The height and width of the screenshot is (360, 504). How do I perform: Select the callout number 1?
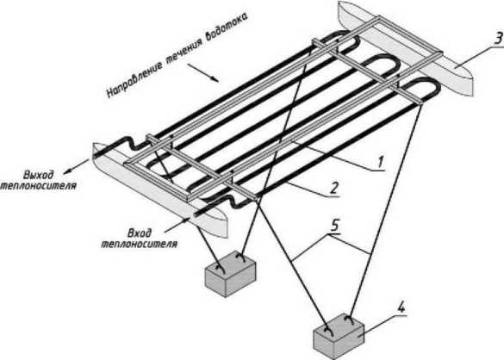[x=381, y=162]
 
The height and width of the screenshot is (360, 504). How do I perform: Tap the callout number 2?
[x=334, y=187]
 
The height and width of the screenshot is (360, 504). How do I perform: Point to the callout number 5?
[x=334, y=225]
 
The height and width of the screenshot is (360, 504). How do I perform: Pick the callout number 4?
[x=401, y=307]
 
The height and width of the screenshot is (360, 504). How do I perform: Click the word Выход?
[x=38, y=175]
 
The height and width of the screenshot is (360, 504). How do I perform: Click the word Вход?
[x=140, y=233]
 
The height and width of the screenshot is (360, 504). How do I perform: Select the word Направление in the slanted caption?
[x=134, y=78]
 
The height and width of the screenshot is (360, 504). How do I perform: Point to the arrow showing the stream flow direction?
[x=203, y=73]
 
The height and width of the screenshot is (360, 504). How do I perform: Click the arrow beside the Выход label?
[x=76, y=166]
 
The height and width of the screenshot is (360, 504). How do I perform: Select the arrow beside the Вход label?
[x=177, y=225]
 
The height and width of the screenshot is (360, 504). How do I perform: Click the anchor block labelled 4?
[x=338, y=336]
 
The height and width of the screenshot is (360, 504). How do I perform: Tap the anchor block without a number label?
[x=230, y=274]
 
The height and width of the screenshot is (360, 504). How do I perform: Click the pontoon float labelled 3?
[x=406, y=48]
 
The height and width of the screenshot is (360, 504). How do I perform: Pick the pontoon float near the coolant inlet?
[x=159, y=190]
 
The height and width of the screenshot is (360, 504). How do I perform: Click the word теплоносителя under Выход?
[x=38, y=186]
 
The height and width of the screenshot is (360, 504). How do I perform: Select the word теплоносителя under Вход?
[x=140, y=244]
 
